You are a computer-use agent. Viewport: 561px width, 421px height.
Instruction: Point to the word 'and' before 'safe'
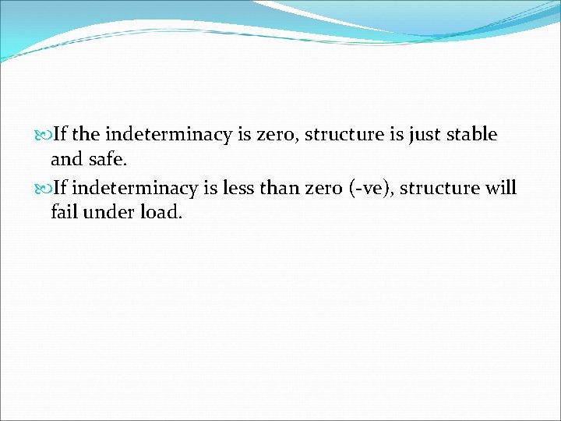[65, 161]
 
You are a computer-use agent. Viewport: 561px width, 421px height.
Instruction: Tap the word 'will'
[500, 188]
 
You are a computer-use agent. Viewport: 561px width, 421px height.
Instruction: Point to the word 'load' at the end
[159, 211]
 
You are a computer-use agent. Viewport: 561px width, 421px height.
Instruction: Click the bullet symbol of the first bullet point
[44, 135]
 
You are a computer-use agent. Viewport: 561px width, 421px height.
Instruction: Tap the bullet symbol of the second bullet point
[44, 189]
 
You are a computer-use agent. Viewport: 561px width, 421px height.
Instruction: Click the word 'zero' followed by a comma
[275, 135]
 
